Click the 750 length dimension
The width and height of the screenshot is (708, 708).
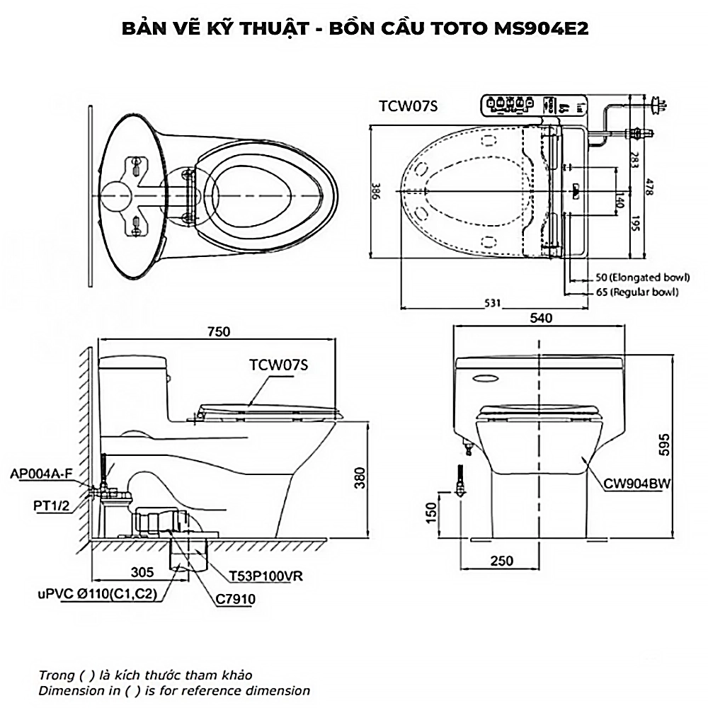(219, 331)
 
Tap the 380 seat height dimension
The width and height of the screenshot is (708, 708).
(360, 480)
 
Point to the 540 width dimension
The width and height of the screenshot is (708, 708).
(540, 318)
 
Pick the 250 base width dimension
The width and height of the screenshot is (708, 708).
(501, 561)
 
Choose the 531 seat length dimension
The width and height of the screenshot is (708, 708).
(493, 302)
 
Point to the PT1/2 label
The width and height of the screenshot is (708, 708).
(52, 506)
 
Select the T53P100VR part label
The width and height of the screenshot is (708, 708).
(266, 576)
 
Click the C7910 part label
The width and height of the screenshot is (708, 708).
(236, 599)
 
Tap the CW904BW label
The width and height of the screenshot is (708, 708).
(637, 484)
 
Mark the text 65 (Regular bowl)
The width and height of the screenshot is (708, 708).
(636, 291)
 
